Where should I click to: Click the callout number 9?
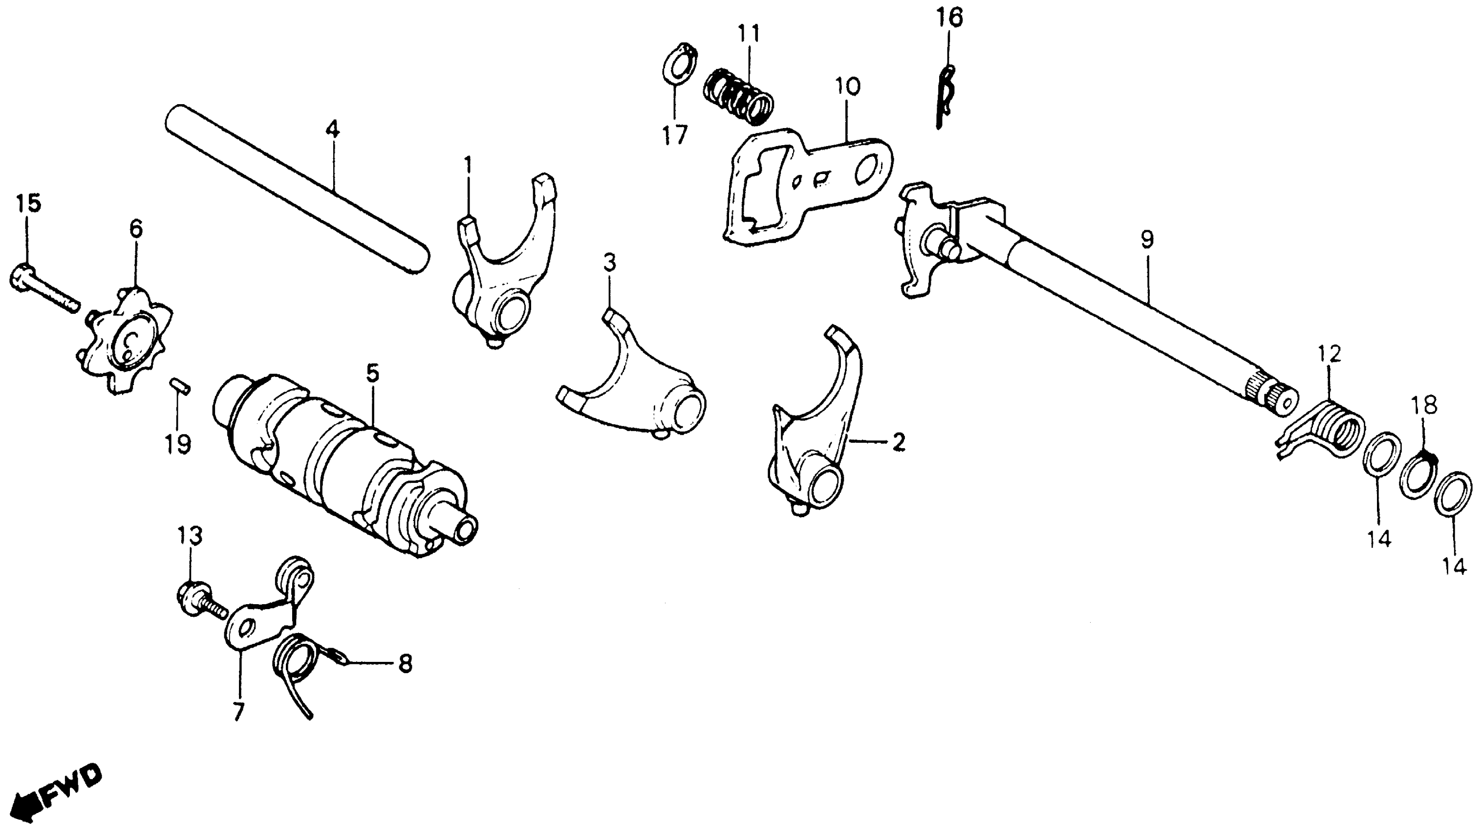click(x=1147, y=240)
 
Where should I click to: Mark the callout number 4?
click(x=332, y=129)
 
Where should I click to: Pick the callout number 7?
click(x=237, y=711)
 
